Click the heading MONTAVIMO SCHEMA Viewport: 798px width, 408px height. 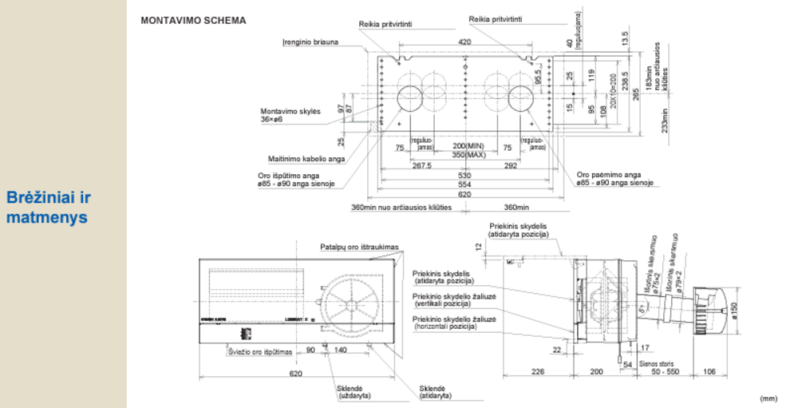pyautogui.click(x=193, y=20)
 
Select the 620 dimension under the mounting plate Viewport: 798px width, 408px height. pyautogui.click(x=464, y=194)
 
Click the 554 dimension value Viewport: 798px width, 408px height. pyautogui.click(x=464, y=184)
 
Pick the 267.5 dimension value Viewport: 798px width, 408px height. pyautogui.click(x=421, y=166)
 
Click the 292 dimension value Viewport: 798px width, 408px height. pyautogui.click(x=512, y=166)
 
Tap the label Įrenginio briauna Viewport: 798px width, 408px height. pyautogui.click(x=310, y=42)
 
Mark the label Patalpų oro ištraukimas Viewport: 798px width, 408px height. pyautogui.click(x=359, y=247)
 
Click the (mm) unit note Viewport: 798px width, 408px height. pyautogui.click(x=768, y=398)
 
